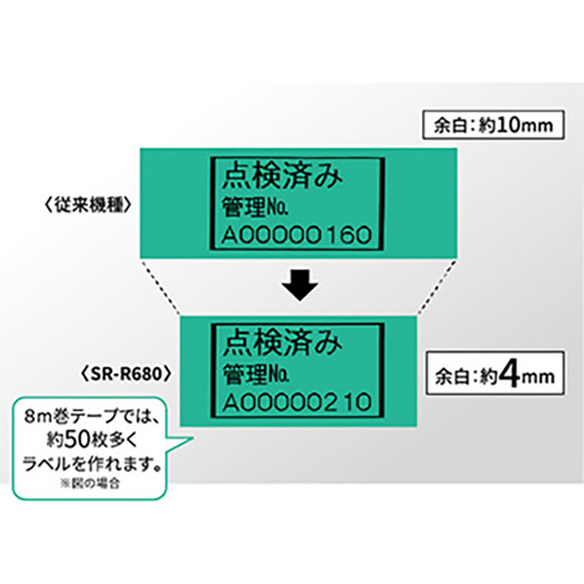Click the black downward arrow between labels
click(300, 285)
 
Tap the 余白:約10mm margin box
click(493, 125)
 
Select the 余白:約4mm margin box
click(495, 373)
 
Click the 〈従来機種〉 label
click(88, 204)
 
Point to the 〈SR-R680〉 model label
click(126, 374)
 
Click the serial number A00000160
click(297, 234)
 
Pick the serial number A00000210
click(297, 402)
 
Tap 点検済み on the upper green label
click(282, 177)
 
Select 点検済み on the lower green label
click(282, 344)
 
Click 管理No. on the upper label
click(255, 207)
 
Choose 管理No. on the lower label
click(256, 374)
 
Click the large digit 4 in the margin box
click(510, 374)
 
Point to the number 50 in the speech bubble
click(77, 439)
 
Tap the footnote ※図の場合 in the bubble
click(90, 483)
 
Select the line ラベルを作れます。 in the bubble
click(92, 464)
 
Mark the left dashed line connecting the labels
click(160, 287)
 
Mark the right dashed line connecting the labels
click(437, 287)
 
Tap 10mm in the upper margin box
click(524, 125)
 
